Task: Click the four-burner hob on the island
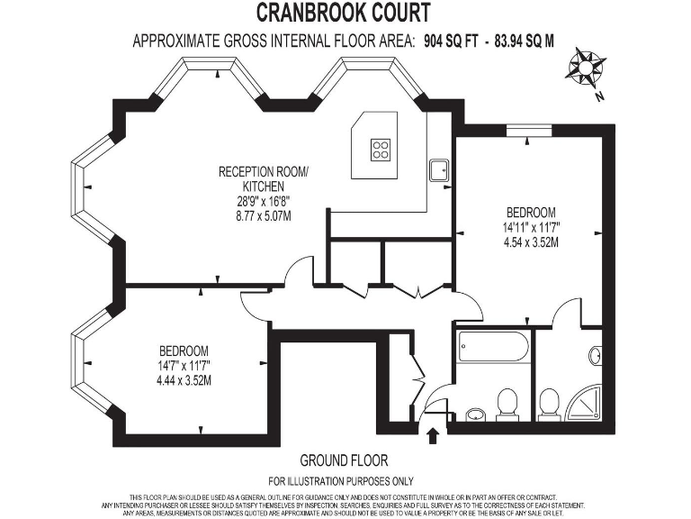coord(381,149)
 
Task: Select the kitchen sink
coord(440,169)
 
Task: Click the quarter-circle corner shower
coord(588,405)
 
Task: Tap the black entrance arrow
coord(433,437)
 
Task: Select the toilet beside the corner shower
coord(549,404)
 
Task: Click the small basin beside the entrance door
coord(474,415)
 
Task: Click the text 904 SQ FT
coord(451,41)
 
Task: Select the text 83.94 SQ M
coord(529,41)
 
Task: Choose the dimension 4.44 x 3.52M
coord(184,379)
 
